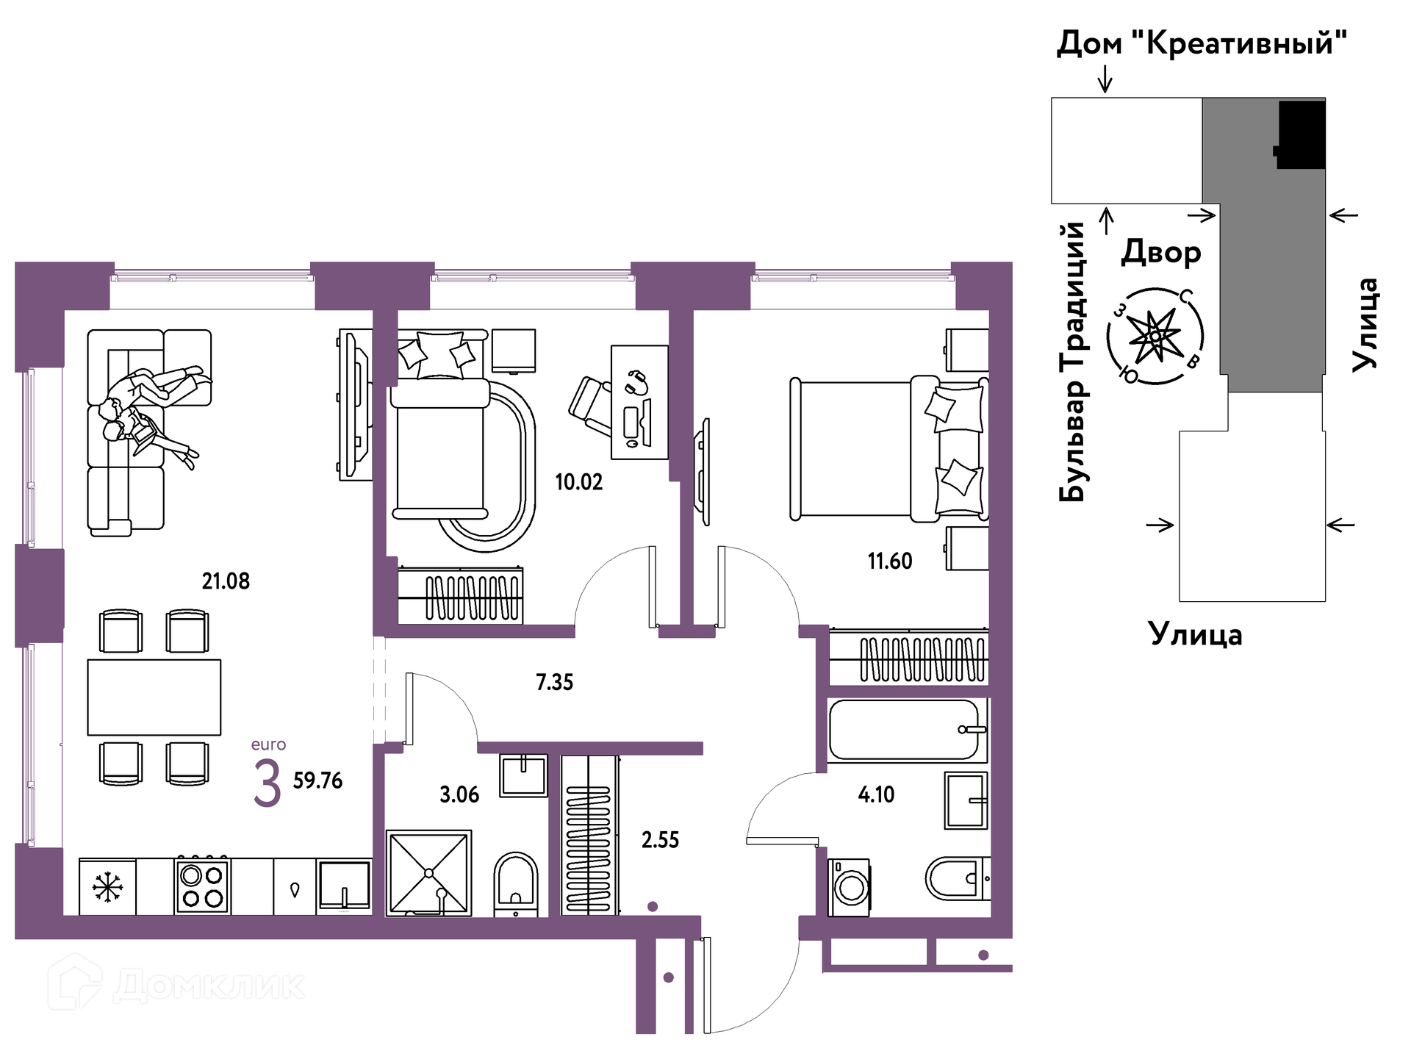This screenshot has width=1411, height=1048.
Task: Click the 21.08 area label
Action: [x=226, y=581]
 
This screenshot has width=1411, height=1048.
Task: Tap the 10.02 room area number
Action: [x=578, y=482]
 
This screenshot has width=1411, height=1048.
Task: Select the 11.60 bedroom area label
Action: [x=890, y=561]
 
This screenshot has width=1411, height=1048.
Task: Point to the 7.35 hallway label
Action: [x=554, y=682]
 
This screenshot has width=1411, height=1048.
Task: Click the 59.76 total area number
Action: [x=317, y=780]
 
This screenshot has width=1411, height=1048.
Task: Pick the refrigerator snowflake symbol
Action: [x=108, y=887]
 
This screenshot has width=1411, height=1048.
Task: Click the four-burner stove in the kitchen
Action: [x=203, y=886]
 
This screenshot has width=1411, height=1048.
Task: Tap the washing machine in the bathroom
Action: [x=850, y=888]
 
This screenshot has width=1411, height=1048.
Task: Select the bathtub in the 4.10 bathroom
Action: [x=907, y=730]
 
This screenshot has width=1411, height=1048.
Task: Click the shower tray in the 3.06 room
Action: [x=428, y=873]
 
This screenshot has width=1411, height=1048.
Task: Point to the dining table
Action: [x=154, y=697]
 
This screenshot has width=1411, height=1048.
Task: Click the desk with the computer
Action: [x=639, y=403]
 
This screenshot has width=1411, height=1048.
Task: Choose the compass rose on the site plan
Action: [x=1155, y=337]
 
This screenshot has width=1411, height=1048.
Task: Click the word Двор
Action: [x=1161, y=253]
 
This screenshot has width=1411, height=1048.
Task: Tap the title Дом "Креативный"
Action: [x=1202, y=43]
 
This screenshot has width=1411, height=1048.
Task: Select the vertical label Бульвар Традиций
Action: [x=1073, y=362]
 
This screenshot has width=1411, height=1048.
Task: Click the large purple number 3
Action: [x=267, y=783]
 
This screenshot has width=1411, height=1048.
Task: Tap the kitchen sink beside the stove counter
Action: [x=344, y=886]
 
